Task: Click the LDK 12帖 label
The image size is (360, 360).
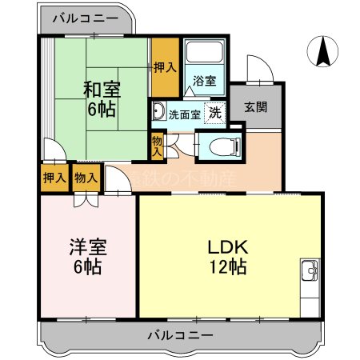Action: [227, 255]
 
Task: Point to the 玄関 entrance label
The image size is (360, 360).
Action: [255, 107]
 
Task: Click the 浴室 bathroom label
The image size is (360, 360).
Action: [204, 81]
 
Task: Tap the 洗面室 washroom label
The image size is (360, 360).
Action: [184, 114]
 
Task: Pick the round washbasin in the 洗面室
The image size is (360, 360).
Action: [158, 111]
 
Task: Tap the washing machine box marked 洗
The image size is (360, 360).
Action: [214, 113]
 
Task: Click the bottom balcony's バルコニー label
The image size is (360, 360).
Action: [180, 335]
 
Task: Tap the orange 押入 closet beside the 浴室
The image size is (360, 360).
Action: [165, 68]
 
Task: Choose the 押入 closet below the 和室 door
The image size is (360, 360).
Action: [54, 178]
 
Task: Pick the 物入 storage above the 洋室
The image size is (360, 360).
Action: [85, 178]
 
